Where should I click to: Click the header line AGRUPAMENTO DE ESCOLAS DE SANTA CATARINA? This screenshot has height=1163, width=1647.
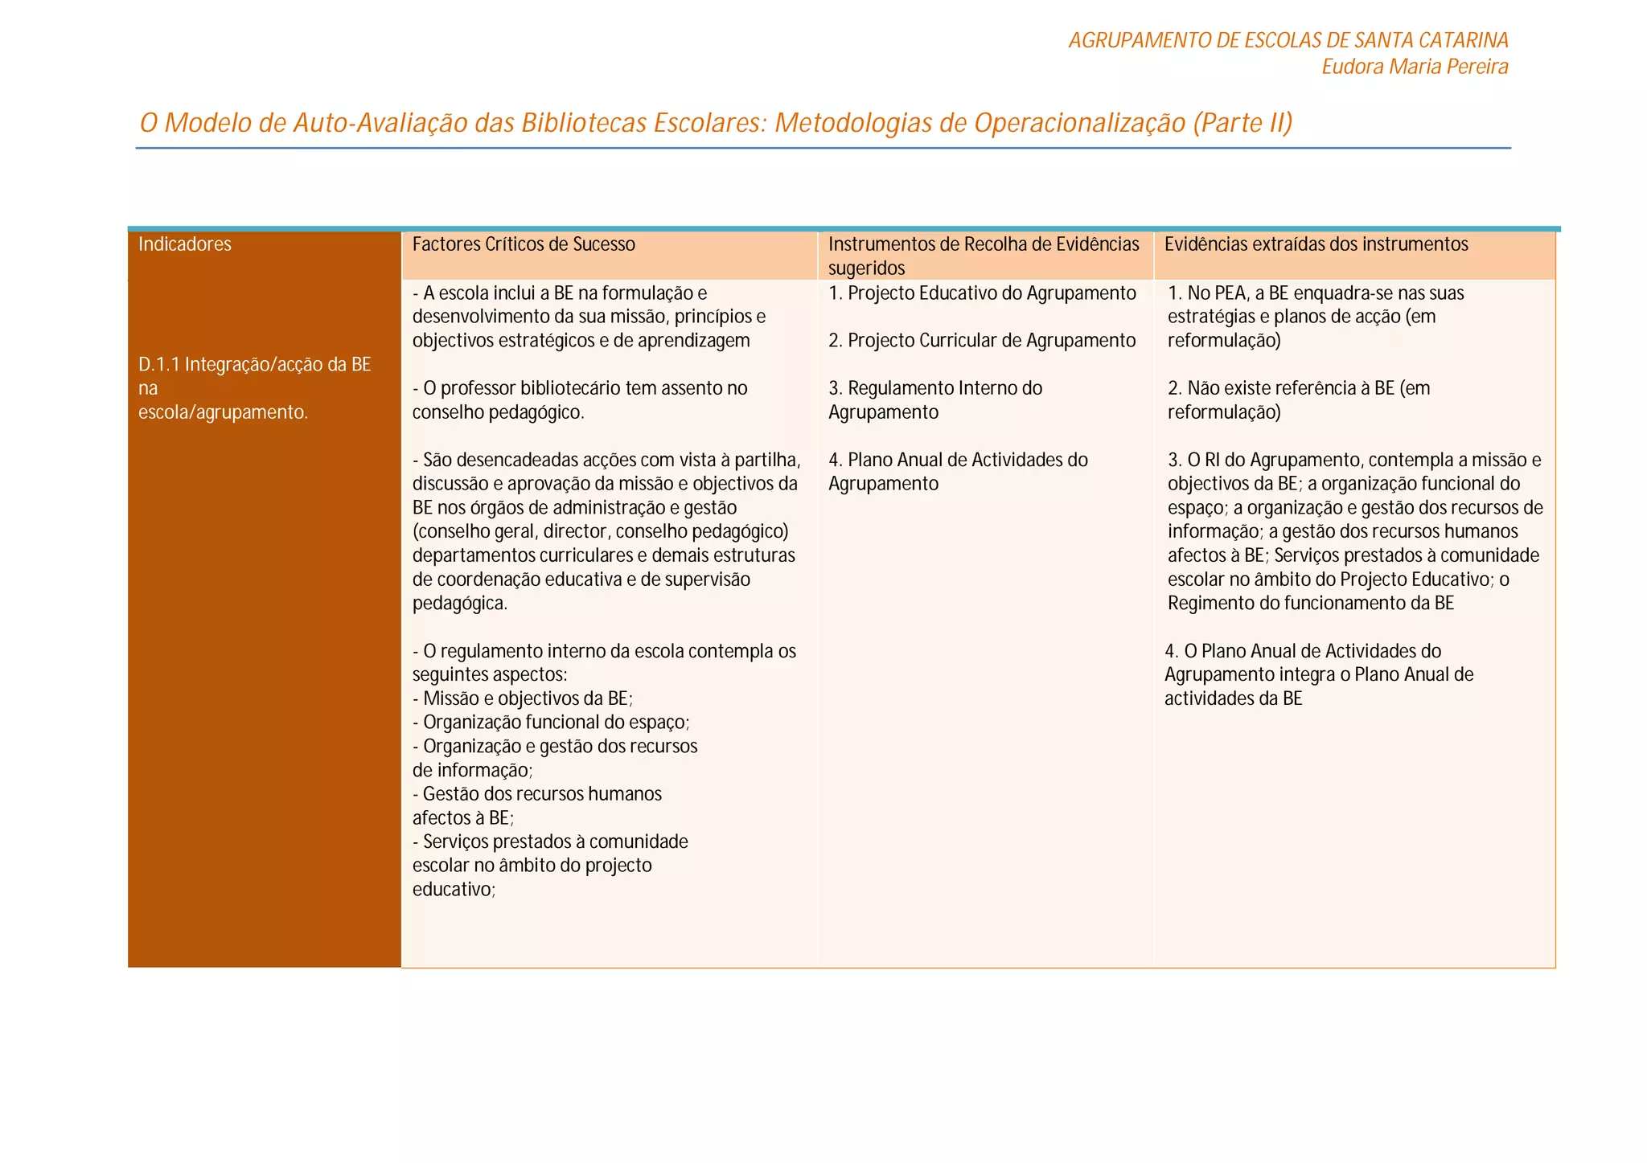tap(1288, 40)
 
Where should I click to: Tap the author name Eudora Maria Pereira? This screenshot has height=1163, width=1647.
tap(1415, 67)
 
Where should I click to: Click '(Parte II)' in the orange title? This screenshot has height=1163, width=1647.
tap(1242, 123)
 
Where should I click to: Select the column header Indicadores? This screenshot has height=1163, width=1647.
tap(184, 244)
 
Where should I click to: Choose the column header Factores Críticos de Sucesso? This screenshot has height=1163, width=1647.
tap(524, 244)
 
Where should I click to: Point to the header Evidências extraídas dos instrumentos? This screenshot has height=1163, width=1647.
tap(1316, 244)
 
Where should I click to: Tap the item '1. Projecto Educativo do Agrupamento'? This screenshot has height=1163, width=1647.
tap(982, 293)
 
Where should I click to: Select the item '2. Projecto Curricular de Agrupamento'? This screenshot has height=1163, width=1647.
tap(982, 341)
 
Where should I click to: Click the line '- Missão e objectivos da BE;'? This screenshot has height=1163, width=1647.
tap(523, 698)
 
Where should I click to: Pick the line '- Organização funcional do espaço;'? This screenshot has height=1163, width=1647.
tap(551, 723)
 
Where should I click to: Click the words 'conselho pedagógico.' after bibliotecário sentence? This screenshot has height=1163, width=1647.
tap(498, 412)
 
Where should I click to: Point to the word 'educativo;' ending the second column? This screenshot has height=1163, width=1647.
tap(454, 890)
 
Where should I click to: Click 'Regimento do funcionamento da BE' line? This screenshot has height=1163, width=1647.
tap(1311, 604)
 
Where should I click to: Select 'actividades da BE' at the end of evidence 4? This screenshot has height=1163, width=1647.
tap(1233, 699)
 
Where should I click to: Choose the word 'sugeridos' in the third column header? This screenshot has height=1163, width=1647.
tap(866, 268)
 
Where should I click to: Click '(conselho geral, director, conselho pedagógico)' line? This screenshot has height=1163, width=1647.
tap(600, 532)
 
